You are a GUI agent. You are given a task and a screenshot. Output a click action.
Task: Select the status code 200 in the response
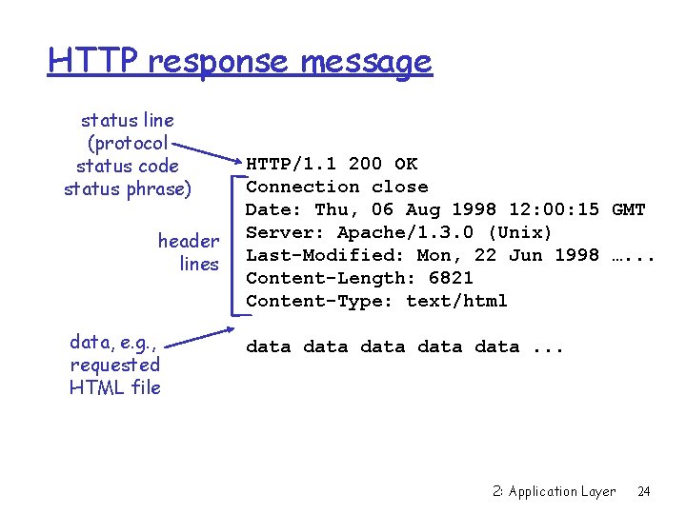[365, 164]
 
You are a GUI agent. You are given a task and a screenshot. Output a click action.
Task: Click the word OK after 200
[406, 164]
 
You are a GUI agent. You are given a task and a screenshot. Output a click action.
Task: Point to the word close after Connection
[399, 187]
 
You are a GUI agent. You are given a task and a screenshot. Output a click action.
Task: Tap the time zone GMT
[629, 209]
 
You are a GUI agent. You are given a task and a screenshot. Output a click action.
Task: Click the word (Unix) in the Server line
[519, 232]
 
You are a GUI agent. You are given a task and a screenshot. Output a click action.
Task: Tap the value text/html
[456, 301]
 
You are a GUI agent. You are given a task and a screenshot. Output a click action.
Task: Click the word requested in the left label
[115, 365]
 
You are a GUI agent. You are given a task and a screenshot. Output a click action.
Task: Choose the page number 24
[644, 491]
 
